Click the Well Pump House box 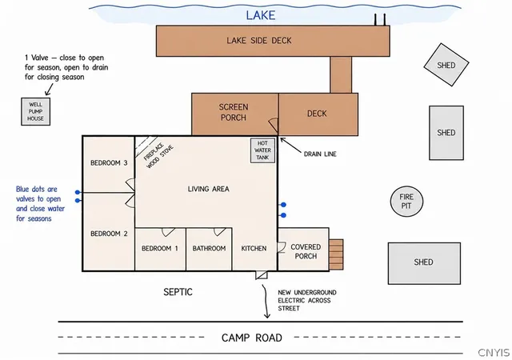[35, 111]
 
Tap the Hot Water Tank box [262, 150]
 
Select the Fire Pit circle [406, 202]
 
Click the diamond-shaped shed [446, 65]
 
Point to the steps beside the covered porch [336, 254]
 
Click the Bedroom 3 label [109, 162]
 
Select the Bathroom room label [209, 248]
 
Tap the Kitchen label [254, 248]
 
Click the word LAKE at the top [261, 15]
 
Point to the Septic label [178, 292]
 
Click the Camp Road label [252, 338]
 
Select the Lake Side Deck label [259, 41]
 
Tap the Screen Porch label [234, 112]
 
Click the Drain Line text [320, 154]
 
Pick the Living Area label [208, 189]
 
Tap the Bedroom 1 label [160, 248]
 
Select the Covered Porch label [306, 251]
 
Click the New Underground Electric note [307, 300]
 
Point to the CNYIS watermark [494, 353]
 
